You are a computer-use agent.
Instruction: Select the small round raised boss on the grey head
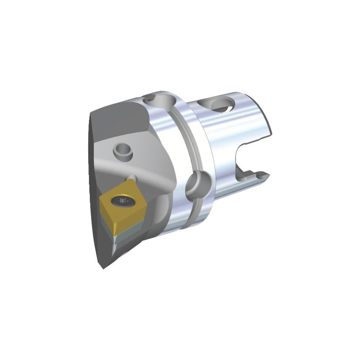(x=122, y=150)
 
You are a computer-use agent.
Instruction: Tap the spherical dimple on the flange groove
(x=197, y=184)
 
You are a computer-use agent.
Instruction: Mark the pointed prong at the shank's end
(x=263, y=174)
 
